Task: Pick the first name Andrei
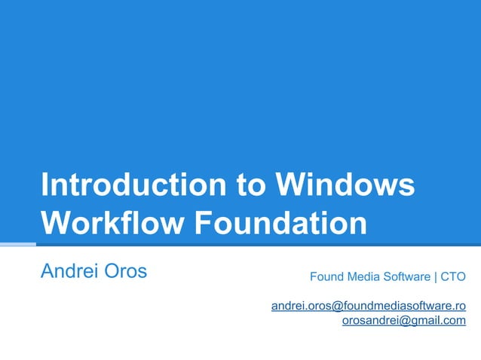click(68, 271)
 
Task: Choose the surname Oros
click(124, 271)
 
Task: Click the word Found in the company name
click(326, 276)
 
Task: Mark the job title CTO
click(453, 276)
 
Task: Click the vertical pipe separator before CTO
click(435, 276)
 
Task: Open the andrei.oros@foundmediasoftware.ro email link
click(368, 306)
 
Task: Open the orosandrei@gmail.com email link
click(403, 321)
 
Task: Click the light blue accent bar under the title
click(17, 244)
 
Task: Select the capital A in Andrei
click(47, 271)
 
